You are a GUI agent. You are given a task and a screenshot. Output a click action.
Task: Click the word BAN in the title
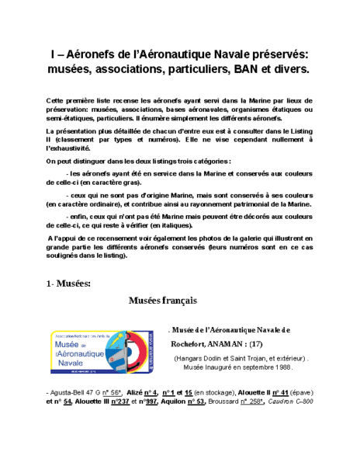click(x=239, y=69)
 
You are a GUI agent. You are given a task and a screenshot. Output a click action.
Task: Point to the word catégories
click(x=206, y=161)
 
